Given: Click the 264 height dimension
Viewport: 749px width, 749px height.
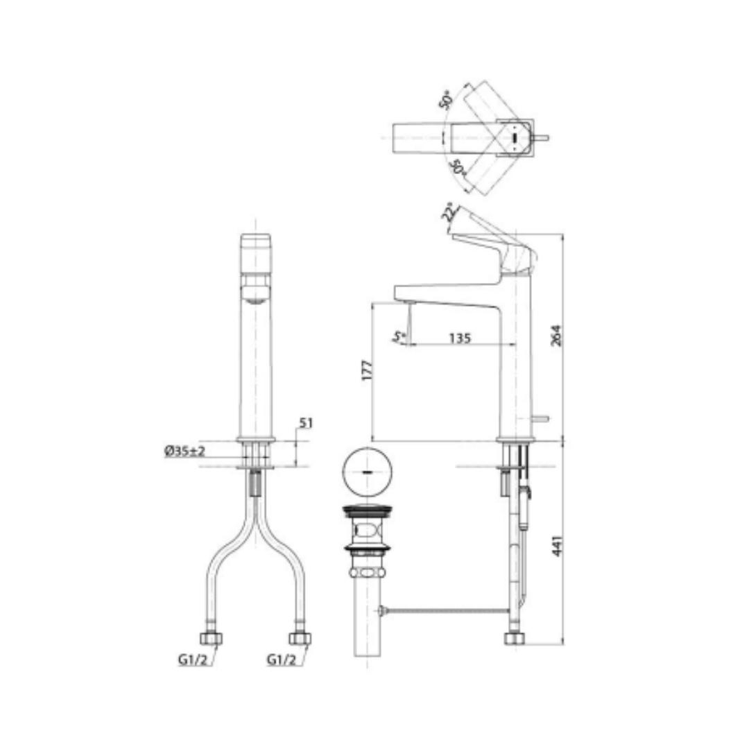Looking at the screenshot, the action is [x=557, y=336].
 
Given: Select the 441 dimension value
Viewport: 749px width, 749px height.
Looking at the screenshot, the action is [x=557, y=546].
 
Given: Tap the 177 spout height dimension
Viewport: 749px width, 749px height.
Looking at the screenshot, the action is [x=368, y=370].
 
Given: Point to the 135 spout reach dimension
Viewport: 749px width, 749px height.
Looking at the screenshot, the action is [x=460, y=338].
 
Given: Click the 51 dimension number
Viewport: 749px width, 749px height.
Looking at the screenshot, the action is [x=306, y=423].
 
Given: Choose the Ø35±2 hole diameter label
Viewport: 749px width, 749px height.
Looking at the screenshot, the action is [x=184, y=451].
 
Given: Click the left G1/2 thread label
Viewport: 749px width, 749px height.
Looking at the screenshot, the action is [x=193, y=660].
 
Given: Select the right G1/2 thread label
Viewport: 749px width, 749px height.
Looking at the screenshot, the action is [x=282, y=660].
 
